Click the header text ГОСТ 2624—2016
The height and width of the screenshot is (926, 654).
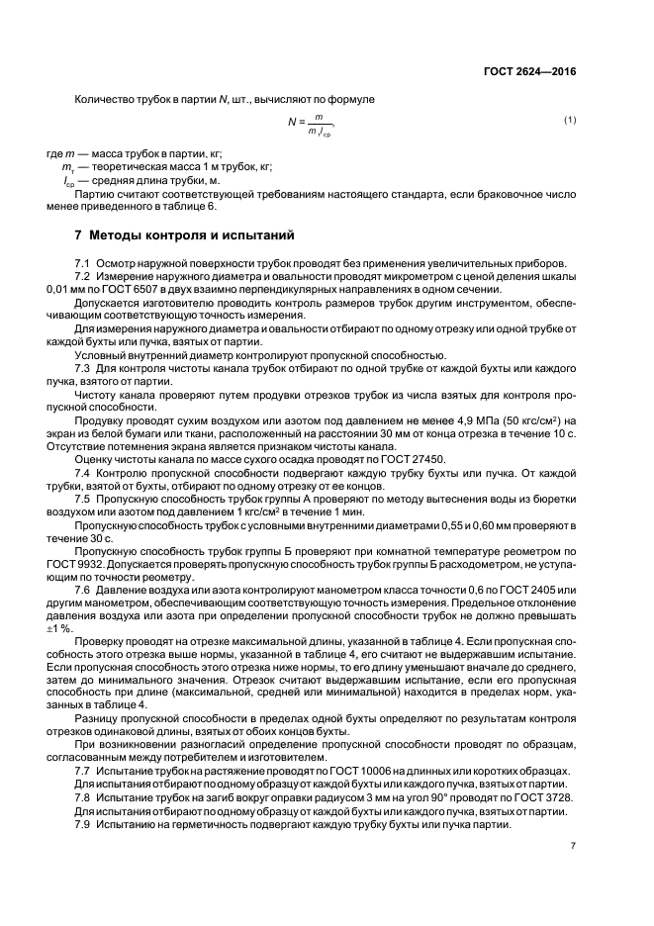[x=530, y=72]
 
